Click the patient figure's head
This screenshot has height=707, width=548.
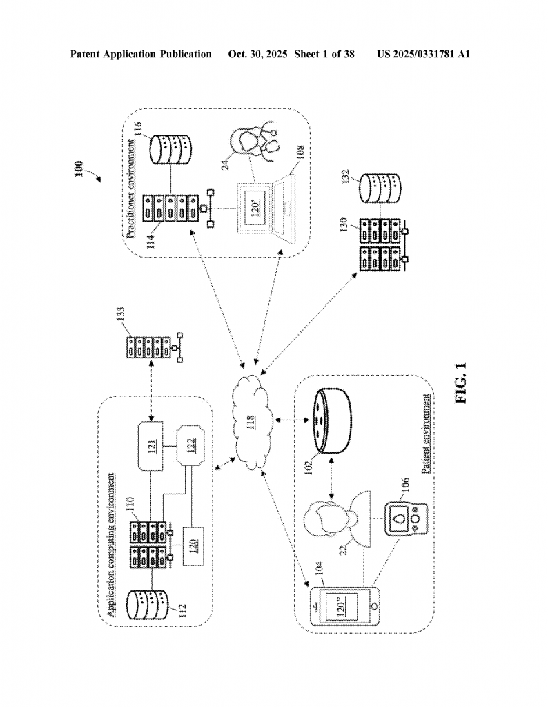coord(322,516)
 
